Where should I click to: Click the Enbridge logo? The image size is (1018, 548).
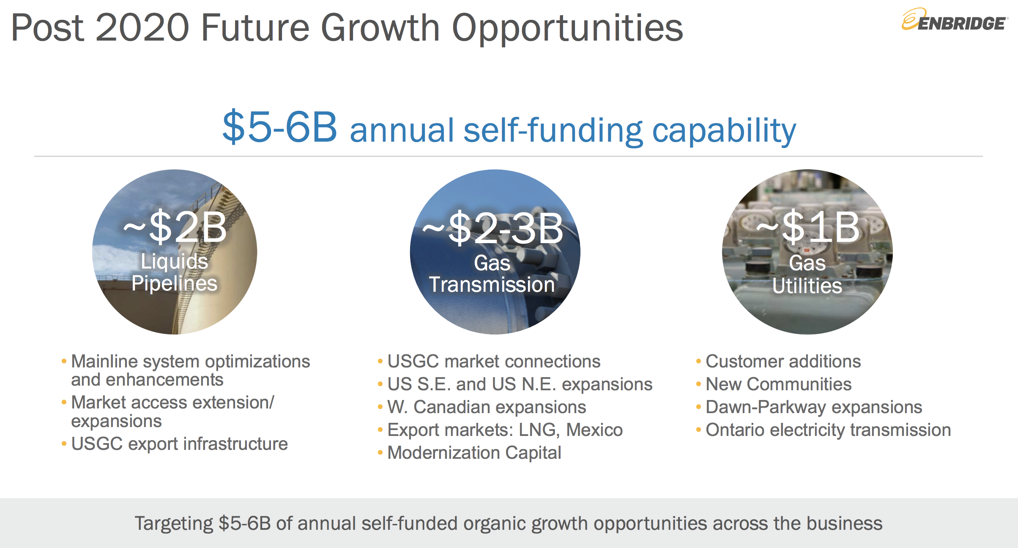[955, 20]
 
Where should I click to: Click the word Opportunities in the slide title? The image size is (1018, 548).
[567, 28]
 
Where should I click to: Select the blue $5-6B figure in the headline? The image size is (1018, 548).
[280, 127]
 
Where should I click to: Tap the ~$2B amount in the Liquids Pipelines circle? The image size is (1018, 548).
[175, 227]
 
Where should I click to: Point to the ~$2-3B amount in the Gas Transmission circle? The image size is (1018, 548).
[493, 228]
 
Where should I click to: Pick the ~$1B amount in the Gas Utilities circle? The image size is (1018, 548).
[808, 227]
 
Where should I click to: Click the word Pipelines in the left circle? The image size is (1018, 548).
[174, 284]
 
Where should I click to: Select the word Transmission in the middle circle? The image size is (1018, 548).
[492, 285]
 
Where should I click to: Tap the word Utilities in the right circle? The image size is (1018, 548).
[807, 286]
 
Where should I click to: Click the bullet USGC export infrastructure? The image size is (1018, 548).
[179, 444]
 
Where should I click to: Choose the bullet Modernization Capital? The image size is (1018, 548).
[474, 453]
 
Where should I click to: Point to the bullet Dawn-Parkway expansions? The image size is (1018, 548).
[814, 407]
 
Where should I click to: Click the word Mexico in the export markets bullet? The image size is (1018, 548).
[594, 430]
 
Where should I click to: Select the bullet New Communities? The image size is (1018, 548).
[779, 384]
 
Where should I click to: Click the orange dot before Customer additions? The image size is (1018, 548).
[698, 362]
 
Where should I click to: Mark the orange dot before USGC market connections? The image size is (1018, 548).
[380, 362]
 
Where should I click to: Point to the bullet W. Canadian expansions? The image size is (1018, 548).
[487, 407]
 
